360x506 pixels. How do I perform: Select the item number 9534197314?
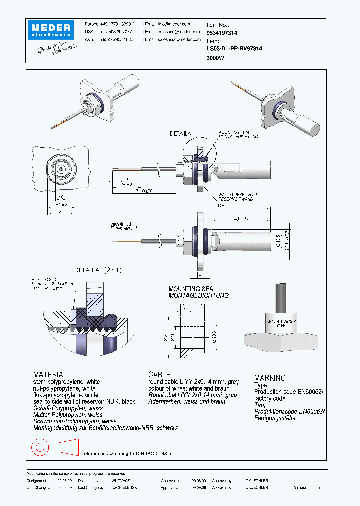pos(222,33)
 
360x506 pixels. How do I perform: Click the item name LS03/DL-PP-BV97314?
pos(234,49)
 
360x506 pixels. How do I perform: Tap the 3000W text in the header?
pos(215,58)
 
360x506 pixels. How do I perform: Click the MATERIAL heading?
pos(50,374)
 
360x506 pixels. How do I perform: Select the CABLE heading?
pos(159,374)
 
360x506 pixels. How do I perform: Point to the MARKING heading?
pos(270,378)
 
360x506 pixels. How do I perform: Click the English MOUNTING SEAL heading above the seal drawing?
pos(192,289)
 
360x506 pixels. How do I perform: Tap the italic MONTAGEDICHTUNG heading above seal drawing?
pos(198,295)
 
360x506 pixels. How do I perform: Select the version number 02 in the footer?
pos(318,486)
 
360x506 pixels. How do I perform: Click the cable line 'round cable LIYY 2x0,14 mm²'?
pos(193,382)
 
